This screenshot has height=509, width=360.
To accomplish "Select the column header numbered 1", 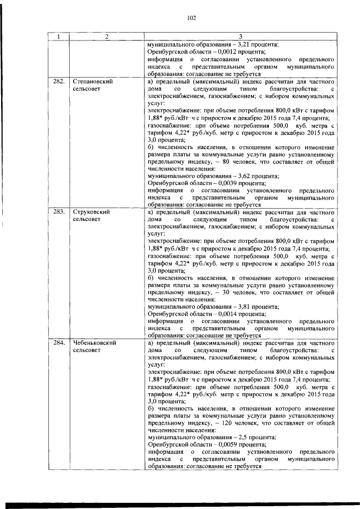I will click(x=58, y=37).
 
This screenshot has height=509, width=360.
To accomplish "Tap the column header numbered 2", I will click(x=106, y=37).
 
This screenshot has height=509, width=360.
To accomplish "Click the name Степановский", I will click(x=93, y=82).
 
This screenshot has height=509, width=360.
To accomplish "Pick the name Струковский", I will click(x=91, y=211).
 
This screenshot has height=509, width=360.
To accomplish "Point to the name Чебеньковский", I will click(x=94, y=342).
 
